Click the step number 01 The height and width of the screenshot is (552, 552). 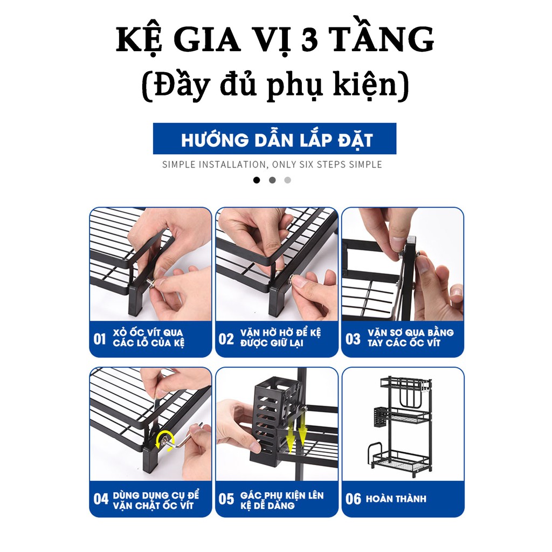pos(100,339)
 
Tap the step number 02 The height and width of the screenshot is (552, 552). pos(226,339)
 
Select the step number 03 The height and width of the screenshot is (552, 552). pos(353,339)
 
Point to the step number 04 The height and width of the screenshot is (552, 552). pos(101,499)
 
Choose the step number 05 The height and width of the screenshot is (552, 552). pos(226,499)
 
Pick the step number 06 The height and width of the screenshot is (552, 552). pos(353,499)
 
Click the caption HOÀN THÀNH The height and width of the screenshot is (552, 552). pos(396,499)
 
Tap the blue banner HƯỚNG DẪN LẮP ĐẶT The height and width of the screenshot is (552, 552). pos(275,139)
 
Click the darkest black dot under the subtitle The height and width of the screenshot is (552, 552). pos(257,180)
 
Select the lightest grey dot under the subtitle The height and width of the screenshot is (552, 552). pos(287,180)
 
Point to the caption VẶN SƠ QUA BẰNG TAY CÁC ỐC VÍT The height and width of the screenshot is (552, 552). pos(410,338)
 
